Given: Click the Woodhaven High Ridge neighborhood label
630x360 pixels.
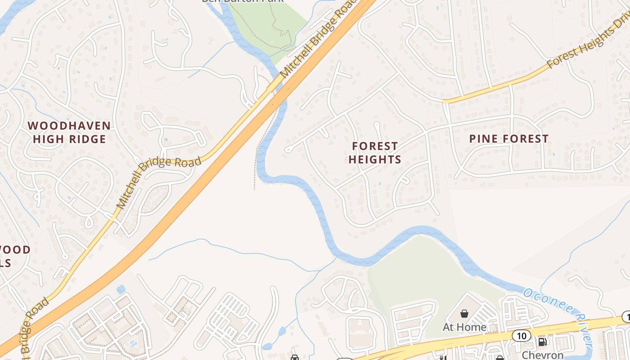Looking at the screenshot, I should coord(69,132).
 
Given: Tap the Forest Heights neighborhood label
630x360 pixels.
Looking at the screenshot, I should coord(375,153).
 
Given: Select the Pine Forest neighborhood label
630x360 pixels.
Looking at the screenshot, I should coord(509,139).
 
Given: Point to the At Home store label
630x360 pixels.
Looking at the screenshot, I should coord(464,327).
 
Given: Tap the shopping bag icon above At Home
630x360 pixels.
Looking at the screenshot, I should coord(464,313).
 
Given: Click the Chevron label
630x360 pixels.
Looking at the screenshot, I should coord(543,355).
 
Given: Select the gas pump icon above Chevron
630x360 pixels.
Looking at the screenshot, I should coord(543,342).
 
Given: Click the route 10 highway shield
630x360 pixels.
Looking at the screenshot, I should coord(522,335).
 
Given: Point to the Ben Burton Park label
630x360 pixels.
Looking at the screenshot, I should coord(243,1).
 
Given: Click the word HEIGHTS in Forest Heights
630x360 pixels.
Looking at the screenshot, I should coord(375,160).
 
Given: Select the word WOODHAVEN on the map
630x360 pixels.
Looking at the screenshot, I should coord(69,126).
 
